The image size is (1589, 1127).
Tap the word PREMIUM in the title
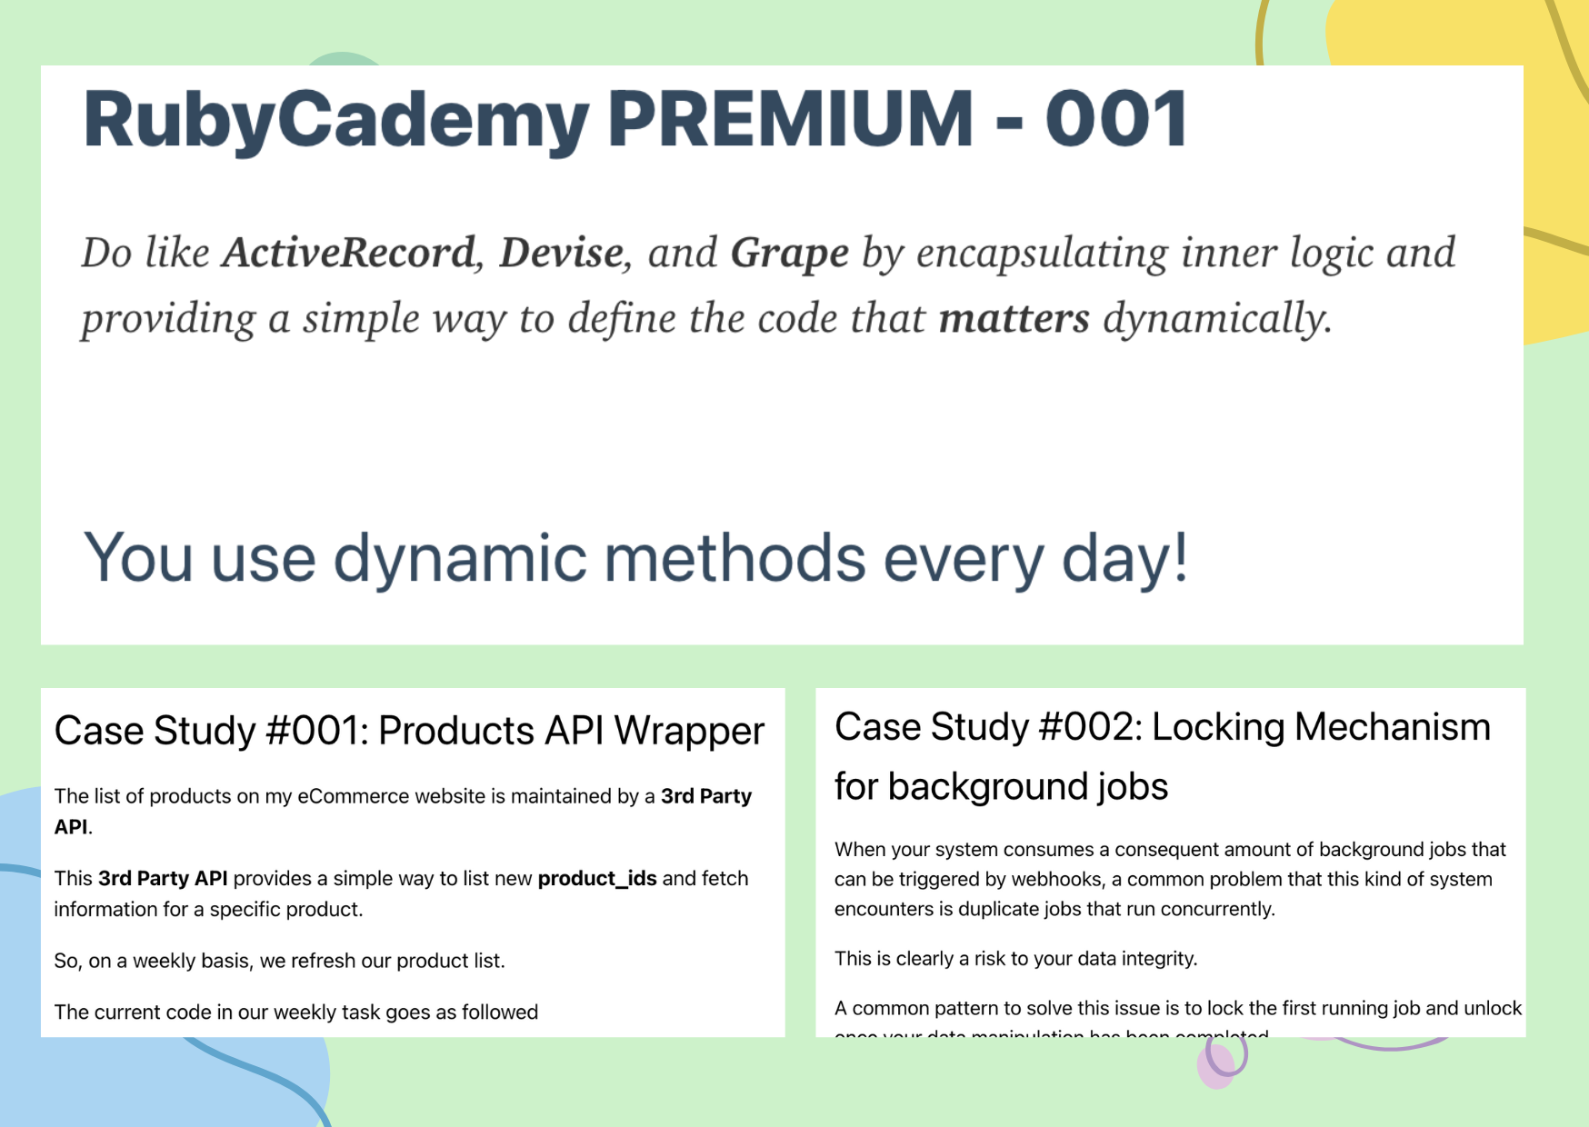pos(790,118)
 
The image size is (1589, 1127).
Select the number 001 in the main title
pos(1116,118)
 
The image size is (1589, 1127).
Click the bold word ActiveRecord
pos(349,253)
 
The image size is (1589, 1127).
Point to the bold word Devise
pos(562,253)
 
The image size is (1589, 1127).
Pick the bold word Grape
pos(789,253)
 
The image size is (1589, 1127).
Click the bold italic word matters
pos(1014,319)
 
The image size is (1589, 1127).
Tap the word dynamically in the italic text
pos(1216,319)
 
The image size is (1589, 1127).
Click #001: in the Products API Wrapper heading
pos(315,731)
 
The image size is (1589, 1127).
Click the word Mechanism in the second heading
pos(1392,727)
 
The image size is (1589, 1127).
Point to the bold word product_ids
pos(597,879)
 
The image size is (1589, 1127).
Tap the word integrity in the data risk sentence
pos(1157,959)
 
